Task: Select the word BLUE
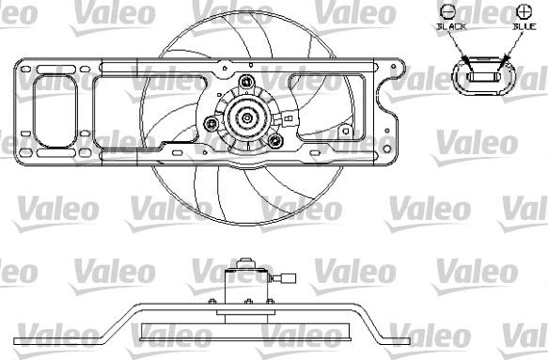(x=523, y=27)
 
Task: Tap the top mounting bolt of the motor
(x=250, y=84)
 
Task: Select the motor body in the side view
(x=246, y=284)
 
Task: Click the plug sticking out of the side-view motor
(x=287, y=278)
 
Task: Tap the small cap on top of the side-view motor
(x=247, y=261)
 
